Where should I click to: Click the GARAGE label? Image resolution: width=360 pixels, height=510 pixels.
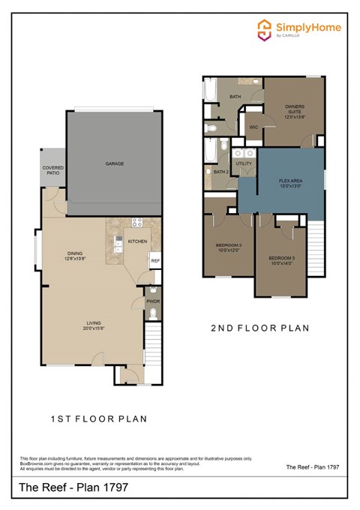click(x=114, y=163)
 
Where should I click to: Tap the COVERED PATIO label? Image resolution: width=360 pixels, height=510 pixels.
click(x=52, y=170)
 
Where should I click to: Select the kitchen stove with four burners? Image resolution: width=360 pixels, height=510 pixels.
click(x=137, y=222)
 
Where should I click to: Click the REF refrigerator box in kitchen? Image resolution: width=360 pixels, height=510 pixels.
click(x=155, y=261)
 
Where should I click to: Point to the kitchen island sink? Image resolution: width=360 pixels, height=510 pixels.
click(x=118, y=241)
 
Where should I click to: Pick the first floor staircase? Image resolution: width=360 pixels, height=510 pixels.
click(x=152, y=341)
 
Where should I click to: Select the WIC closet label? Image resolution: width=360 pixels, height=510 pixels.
click(x=253, y=127)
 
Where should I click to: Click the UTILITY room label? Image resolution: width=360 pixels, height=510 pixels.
click(x=244, y=163)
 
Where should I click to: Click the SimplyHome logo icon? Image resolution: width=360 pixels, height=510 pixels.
click(x=264, y=29)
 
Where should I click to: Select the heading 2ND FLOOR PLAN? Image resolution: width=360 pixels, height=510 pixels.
click(x=259, y=328)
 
